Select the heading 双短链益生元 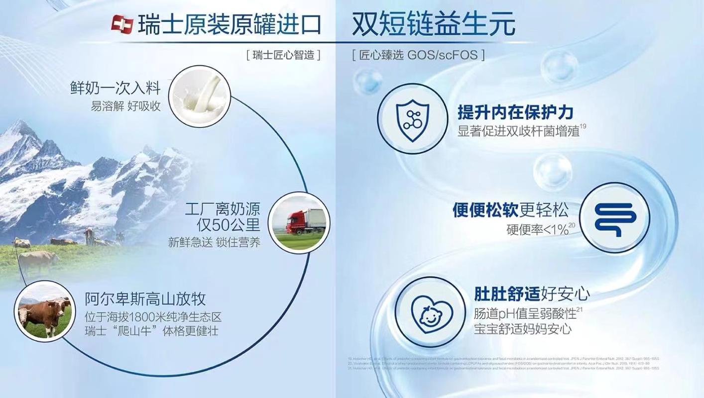point(433,23)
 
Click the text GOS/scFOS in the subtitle point(442,55)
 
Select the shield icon point(412,119)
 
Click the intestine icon point(615,217)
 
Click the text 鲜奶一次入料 point(116,88)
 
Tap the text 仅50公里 point(229,225)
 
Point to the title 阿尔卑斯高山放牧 point(145,299)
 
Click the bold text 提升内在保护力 point(515,112)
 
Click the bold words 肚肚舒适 point(507,294)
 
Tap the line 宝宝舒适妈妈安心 point(523,329)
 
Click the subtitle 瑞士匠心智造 point(283,55)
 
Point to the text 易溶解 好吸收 point(125,106)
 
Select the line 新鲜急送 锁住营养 point(214,243)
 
